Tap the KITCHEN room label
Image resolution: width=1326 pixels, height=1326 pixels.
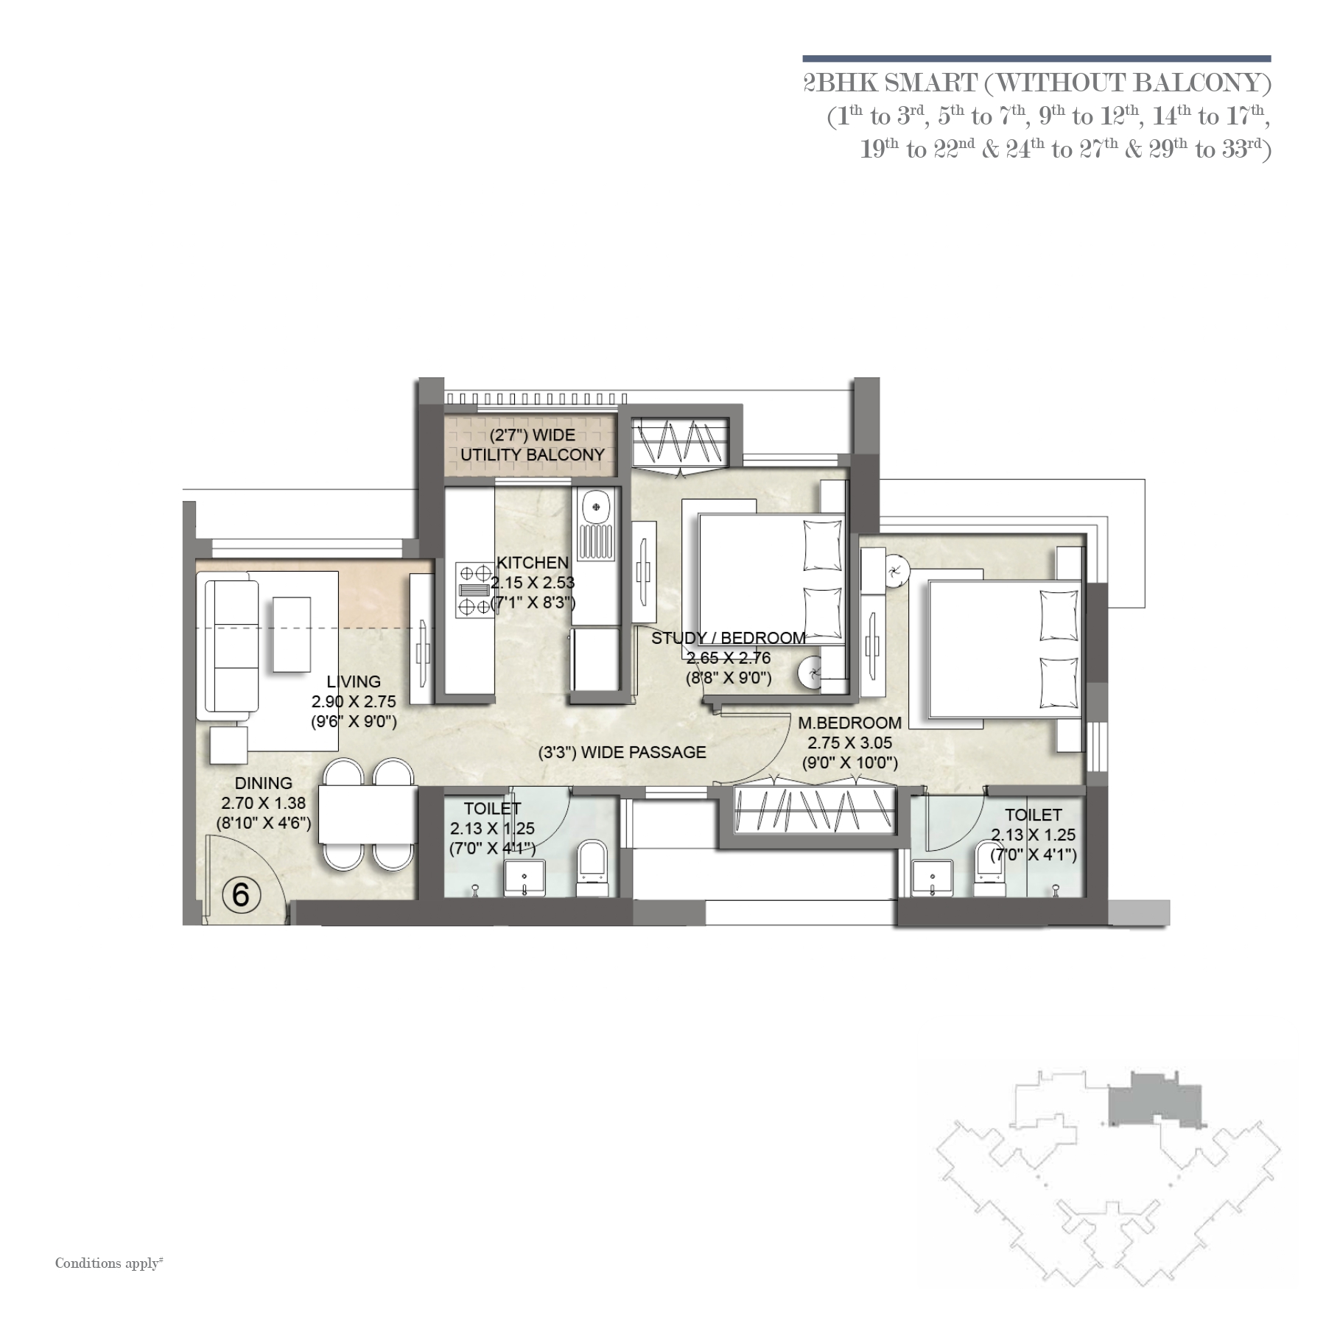(x=533, y=562)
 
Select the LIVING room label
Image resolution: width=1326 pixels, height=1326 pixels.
(x=354, y=681)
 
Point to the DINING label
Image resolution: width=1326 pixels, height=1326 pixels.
(x=264, y=783)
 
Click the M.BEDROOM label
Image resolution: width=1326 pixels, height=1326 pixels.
(x=850, y=723)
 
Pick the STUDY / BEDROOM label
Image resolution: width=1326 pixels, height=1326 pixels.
(x=729, y=637)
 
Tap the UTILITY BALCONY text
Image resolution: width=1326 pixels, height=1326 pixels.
(x=533, y=455)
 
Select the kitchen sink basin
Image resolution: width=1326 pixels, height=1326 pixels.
(x=594, y=508)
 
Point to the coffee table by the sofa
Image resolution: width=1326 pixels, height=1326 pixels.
(x=292, y=634)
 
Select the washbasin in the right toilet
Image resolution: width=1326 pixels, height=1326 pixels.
(x=933, y=878)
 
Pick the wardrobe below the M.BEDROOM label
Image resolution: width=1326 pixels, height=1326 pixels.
(x=807, y=810)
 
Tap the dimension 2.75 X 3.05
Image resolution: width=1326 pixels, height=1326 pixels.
(x=850, y=743)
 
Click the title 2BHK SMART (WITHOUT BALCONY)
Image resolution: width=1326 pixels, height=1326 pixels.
(x=1037, y=83)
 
